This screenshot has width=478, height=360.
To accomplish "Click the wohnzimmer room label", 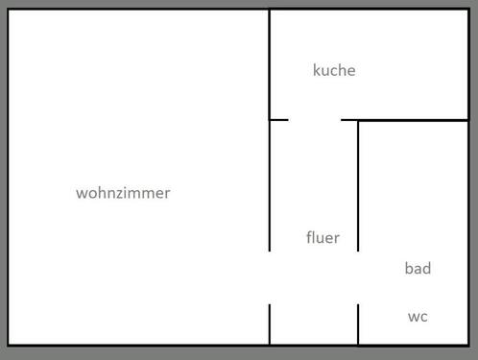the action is pos(123,193).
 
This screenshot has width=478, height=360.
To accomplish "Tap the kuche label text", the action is pos(334,70).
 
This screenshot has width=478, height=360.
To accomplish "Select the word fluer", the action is pos(323,238).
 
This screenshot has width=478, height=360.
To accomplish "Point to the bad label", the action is pos(418,269).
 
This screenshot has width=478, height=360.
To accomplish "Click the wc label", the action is pos(418,316).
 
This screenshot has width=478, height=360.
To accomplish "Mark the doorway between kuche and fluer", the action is pos(315,120).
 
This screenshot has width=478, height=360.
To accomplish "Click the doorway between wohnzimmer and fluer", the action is pos(270,277).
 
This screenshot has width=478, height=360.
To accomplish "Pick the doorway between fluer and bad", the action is pos(358,277).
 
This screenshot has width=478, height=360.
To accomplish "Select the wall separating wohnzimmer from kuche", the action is pos(270,63).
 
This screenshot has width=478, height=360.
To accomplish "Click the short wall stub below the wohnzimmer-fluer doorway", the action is pos(270,324).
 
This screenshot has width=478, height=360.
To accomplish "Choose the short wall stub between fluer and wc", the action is pos(358,324).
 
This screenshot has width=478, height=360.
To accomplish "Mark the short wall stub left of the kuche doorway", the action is pos(278,120).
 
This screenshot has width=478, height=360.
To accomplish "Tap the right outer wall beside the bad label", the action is pos(467,269).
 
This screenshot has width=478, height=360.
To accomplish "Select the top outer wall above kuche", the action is pos(369,10).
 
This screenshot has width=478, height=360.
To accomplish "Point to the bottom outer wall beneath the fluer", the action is pos(314,345).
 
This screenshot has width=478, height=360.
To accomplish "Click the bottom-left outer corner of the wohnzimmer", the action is pos(9,345).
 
